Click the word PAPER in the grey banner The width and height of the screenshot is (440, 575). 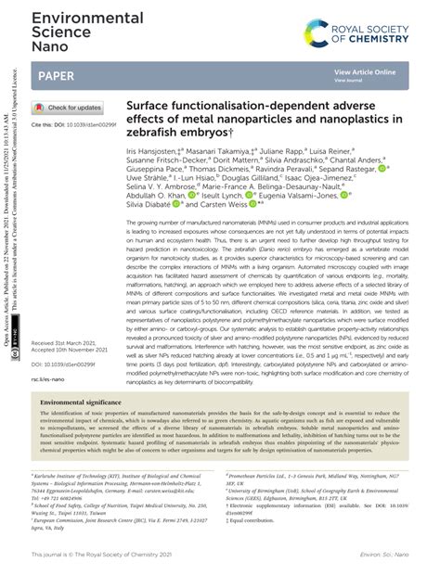[58, 73]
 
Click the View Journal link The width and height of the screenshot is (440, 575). [350, 81]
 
